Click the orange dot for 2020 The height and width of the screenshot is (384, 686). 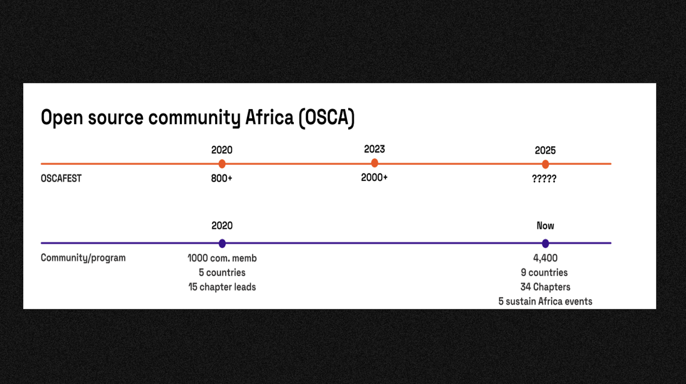tap(222, 163)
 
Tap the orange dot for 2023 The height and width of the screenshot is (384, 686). tap(374, 163)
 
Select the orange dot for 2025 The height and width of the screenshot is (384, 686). tap(545, 164)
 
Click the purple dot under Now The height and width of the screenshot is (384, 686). tap(545, 243)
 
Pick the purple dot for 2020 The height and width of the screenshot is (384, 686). tap(222, 243)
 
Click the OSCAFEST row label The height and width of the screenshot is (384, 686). tap(61, 178)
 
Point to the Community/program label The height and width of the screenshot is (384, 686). tap(83, 258)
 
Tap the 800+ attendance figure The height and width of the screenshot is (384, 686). tap(221, 178)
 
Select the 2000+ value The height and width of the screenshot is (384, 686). tap(374, 177)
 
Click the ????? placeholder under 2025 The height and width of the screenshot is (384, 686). tap(544, 178)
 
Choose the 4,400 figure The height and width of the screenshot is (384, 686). tap(545, 258)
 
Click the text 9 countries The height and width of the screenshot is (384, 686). tap(544, 272)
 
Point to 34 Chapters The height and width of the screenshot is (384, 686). tap(545, 287)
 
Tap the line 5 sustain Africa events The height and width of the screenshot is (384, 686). tap(545, 301)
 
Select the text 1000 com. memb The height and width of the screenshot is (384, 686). tap(222, 258)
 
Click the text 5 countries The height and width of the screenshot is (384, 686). tap(222, 272)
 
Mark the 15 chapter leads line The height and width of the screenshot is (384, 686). tap(222, 287)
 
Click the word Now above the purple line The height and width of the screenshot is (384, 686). tap(545, 226)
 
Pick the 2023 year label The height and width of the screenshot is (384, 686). tap(374, 149)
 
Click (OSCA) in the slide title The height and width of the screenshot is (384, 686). tap(326, 118)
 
